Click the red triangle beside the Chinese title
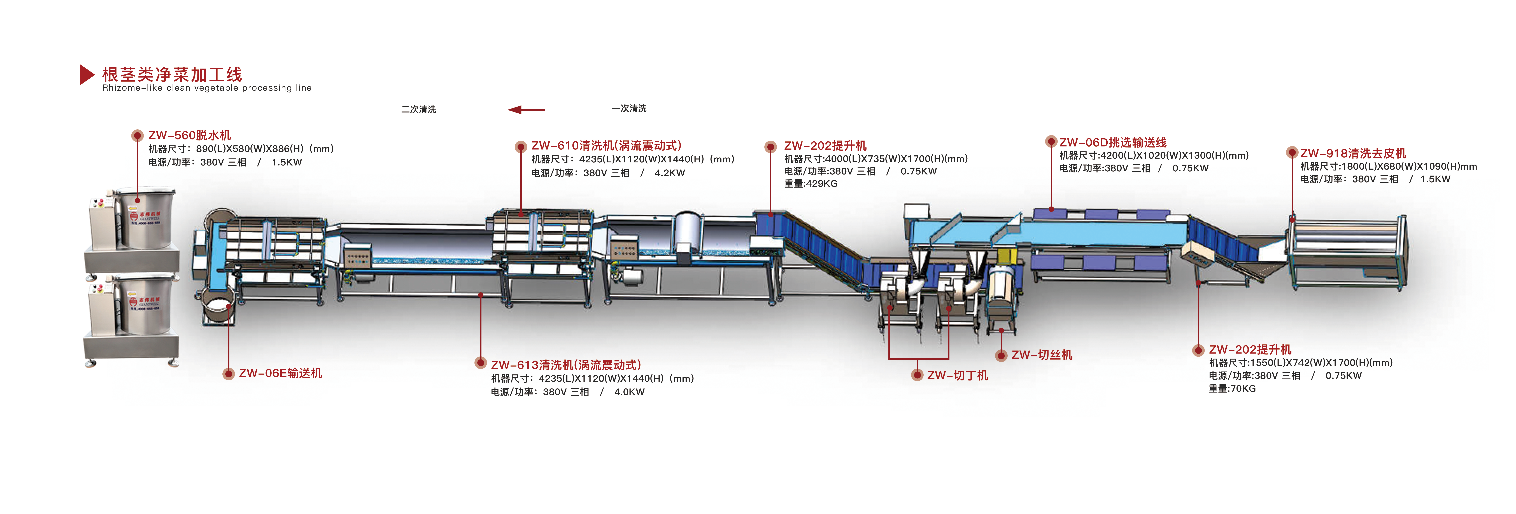(87, 75)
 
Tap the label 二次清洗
(418, 109)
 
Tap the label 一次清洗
(628, 108)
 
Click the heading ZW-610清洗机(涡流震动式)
(606, 145)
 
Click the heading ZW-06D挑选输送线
(1112, 142)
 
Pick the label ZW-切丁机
(958, 375)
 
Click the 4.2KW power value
(670, 173)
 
